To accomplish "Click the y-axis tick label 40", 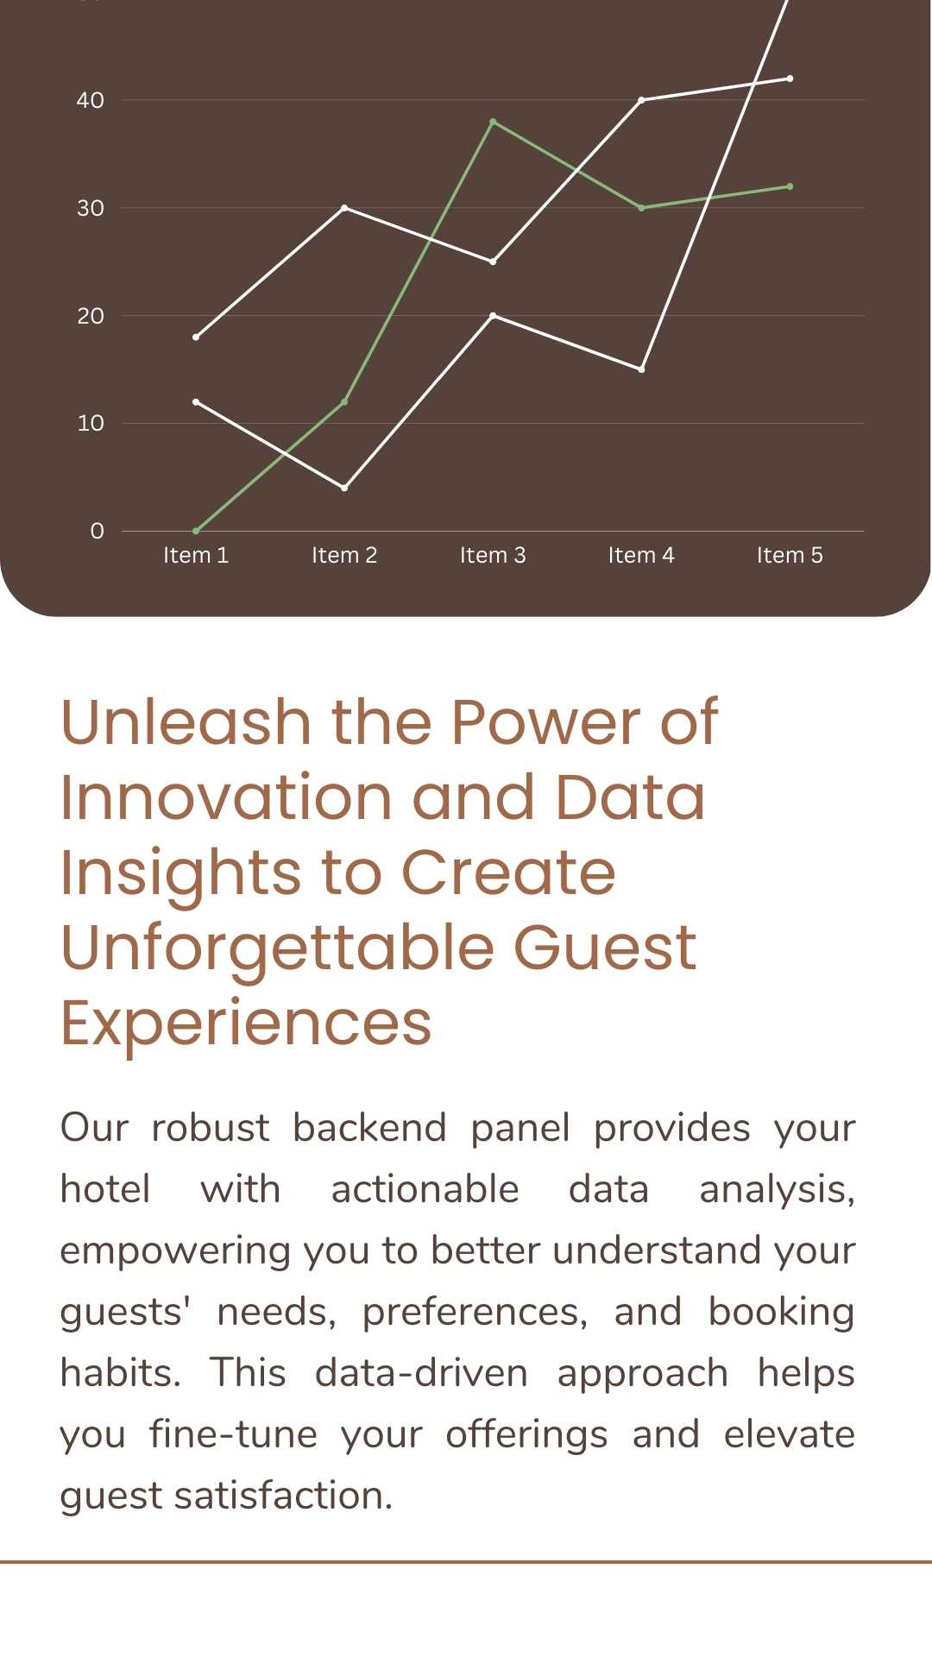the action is pyautogui.click(x=90, y=100).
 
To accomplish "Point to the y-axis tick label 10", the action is pyautogui.click(x=90, y=423).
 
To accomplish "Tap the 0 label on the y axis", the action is pyautogui.click(x=97, y=531).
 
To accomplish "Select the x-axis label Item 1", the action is pyautogui.click(x=196, y=555).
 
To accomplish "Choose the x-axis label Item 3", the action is pyautogui.click(x=493, y=555).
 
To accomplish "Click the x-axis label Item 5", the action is pyautogui.click(x=790, y=555).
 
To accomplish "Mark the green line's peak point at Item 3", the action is pyautogui.click(x=493, y=122).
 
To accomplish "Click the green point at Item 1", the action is pyautogui.click(x=196, y=531).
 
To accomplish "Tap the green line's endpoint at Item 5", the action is pyautogui.click(x=790, y=186).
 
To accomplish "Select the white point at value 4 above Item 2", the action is pyautogui.click(x=344, y=488).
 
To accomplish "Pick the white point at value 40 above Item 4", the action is pyautogui.click(x=641, y=100).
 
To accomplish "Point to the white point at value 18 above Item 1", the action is pyautogui.click(x=196, y=337).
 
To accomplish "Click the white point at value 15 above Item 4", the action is pyautogui.click(x=641, y=369).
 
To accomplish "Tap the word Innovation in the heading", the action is pyautogui.click(x=227, y=797).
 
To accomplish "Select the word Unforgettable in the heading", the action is pyautogui.click(x=277, y=947).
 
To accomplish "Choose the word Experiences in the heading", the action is pyautogui.click(x=246, y=1023).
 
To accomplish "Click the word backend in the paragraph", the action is pyautogui.click(x=369, y=1127).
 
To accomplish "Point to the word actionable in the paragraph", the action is pyautogui.click(x=425, y=1188).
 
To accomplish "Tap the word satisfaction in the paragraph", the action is pyautogui.click(x=283, y=1495).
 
